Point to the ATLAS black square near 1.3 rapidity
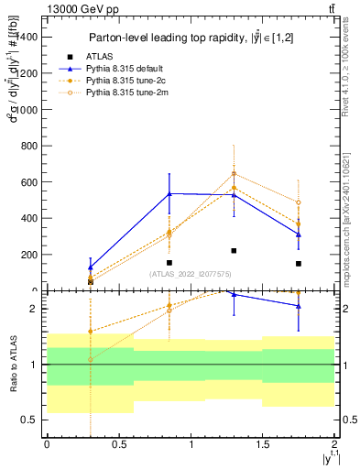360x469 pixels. (234, 250)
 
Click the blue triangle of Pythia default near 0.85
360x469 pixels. (169, 193)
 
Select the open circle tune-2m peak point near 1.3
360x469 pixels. (234, 173)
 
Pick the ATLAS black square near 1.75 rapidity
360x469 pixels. (299, 264)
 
